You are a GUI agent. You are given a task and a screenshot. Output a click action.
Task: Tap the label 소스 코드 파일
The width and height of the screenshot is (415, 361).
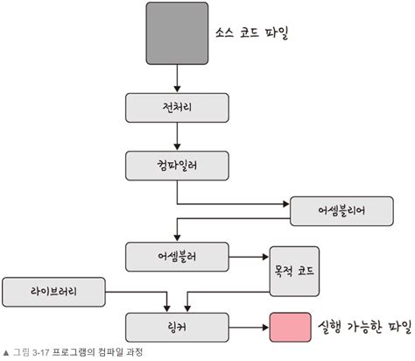[x=251, y=35]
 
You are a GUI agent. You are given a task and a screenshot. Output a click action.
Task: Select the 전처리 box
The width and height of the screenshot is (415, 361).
[x=178, y=108]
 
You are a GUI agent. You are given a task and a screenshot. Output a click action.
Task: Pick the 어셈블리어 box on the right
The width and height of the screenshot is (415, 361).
[x=341, y=211]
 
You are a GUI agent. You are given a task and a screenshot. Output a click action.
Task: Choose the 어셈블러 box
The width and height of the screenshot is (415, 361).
[x=178, y=257]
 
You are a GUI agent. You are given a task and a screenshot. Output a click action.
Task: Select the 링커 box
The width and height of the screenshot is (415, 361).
[x=178, y=327]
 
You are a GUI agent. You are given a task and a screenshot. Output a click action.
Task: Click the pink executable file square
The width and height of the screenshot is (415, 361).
[x=290, y=327]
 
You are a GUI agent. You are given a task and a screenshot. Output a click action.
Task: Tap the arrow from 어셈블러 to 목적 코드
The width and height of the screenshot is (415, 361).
[x=249, y=257]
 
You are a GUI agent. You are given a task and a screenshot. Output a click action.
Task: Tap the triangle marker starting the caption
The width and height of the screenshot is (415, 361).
[x=6, y=352]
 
